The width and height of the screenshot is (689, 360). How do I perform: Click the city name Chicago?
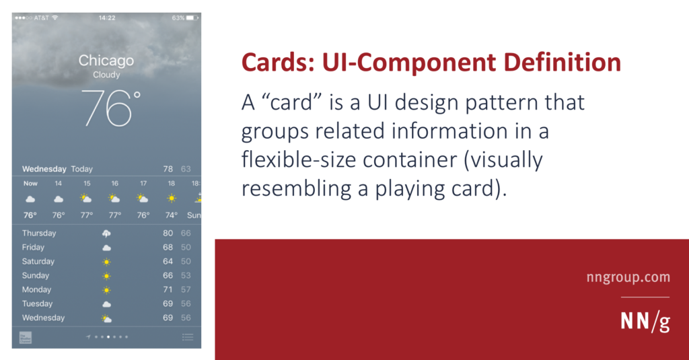106,60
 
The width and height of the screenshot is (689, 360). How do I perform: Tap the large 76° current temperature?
111,108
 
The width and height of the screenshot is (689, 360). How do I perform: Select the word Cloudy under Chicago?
106,75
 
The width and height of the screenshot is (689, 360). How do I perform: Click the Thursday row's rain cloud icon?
106,233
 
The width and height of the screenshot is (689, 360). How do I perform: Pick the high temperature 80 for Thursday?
168,233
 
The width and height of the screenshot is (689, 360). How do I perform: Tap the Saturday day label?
38,261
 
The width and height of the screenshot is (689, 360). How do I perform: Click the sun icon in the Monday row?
106,290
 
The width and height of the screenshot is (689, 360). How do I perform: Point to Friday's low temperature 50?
186,247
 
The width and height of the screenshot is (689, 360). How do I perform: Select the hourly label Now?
30,183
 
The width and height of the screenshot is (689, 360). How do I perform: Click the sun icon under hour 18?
172,199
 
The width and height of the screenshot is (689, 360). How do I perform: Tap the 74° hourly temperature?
172,215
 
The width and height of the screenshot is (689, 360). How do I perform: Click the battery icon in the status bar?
192,17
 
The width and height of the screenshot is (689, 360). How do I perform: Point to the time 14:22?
107,17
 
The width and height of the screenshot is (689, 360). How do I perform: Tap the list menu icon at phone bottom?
188,337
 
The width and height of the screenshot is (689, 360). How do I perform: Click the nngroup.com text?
628,277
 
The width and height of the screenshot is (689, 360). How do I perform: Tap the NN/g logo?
645,322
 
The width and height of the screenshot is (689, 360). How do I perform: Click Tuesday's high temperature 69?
168,303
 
